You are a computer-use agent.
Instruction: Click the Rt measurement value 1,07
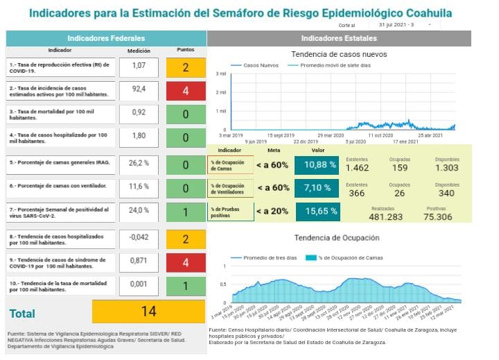coord(139,67)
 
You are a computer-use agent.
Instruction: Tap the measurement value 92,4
coord(139,89)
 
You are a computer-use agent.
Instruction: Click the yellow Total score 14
coord(148,311)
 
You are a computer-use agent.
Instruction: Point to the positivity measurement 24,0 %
coord(139,210)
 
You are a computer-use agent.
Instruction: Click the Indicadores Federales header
coord(106,38)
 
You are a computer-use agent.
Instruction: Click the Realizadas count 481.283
coord(386,217)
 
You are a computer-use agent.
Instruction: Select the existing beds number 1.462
coord(358,168)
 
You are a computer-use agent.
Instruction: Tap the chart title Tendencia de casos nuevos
coord(339,54)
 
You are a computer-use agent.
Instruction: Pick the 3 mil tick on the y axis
coord(222,74)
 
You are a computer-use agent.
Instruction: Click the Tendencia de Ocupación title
coord(336,238)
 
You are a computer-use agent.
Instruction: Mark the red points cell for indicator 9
coord(186,263)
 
